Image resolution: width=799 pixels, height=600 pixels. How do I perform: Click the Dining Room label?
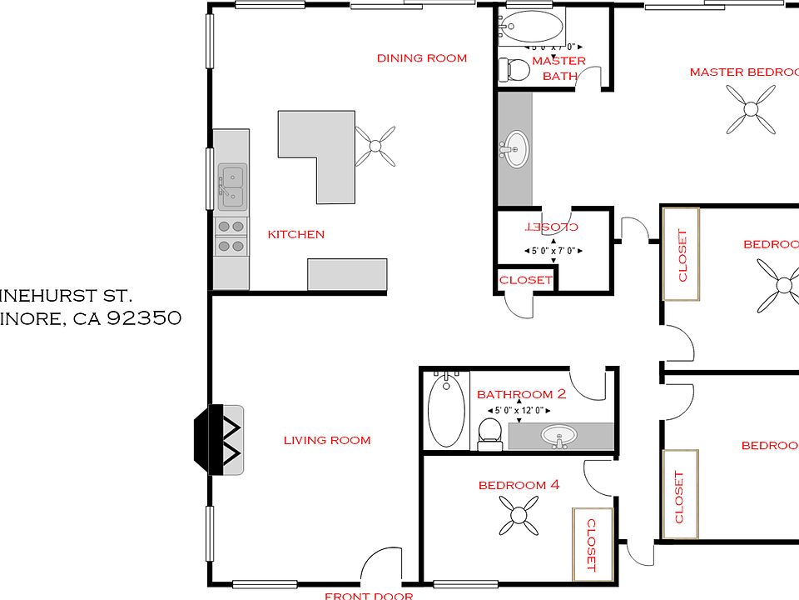(x=422, y=58)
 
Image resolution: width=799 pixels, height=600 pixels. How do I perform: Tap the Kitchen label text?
(x=295, y=234)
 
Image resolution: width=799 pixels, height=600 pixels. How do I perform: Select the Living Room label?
(x=327, y=440)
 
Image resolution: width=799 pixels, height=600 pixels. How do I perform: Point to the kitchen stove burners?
(x=231, y=236)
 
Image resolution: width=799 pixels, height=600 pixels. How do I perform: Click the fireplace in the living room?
(x=220, y=440)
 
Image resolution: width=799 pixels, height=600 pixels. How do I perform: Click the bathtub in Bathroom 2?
(x=446, y=410)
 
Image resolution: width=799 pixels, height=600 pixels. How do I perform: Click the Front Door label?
(x=369, y=595)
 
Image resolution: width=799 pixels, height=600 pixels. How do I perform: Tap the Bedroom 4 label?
(x=513, y=485)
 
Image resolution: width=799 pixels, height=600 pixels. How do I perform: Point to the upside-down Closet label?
(x=553, y=227)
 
